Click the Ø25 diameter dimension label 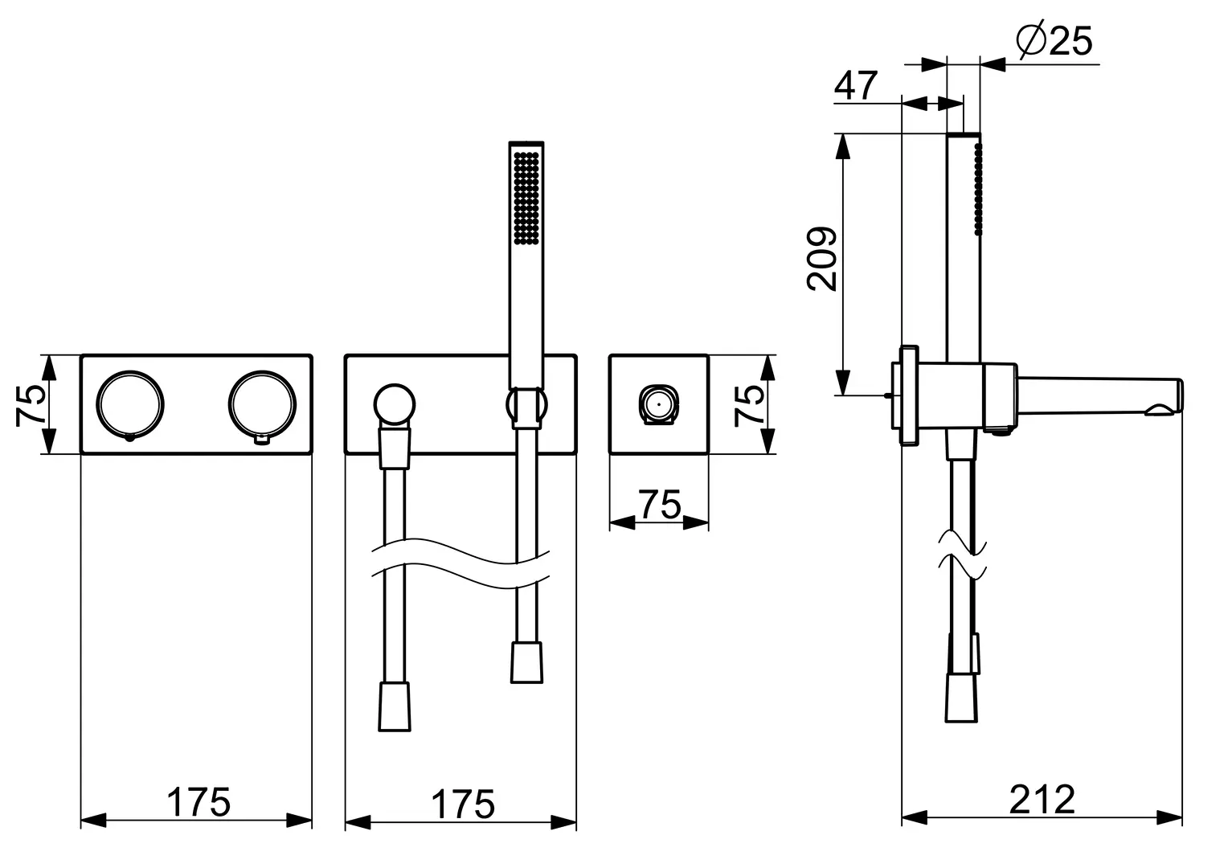tap(1054, 40)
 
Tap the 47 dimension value tap(856, 85)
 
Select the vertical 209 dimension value tap(822, 258)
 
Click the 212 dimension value tap(1042, 800)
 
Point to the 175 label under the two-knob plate tap(198, 803)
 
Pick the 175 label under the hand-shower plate tap(463, 805)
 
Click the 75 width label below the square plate tap(660, 505)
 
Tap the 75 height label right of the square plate tap(749, 404)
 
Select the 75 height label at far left tap(31, 404)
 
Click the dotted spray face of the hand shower tap(526, 198)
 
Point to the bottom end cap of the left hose tap(394, 706)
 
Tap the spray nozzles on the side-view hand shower tap(979, 189)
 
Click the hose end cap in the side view tap(961, 698)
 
